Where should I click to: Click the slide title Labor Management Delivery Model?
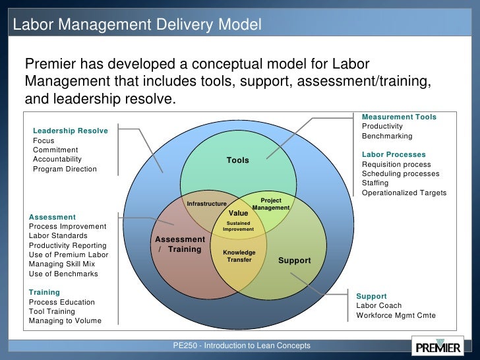[x=138, y=25]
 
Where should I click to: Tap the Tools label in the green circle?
[x=237, y=160]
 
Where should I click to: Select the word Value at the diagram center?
[x=238, y=213]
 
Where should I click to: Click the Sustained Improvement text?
[x=238, y=226]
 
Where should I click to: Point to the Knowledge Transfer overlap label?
[x=239, y=256]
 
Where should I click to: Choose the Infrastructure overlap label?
[x=206, y=204]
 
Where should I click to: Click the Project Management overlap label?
[x=271, y=204]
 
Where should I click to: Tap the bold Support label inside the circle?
[x=294, y=260]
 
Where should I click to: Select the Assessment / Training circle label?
[x=180, y=244]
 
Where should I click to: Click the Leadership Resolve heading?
[x=70, y=131]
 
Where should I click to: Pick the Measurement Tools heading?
[x=399, y=117]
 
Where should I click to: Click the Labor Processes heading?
[x=394, y=154]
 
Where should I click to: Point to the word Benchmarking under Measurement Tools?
[x=387, y=136]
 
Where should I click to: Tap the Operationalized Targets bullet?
[x=404, y=193]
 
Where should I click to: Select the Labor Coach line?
[x=379, y=305]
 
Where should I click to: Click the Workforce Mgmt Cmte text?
[x=396, y=315]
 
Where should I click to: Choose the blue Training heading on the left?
[x=44, y=292]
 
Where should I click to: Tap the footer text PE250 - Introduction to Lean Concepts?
[x=241, y=345]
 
